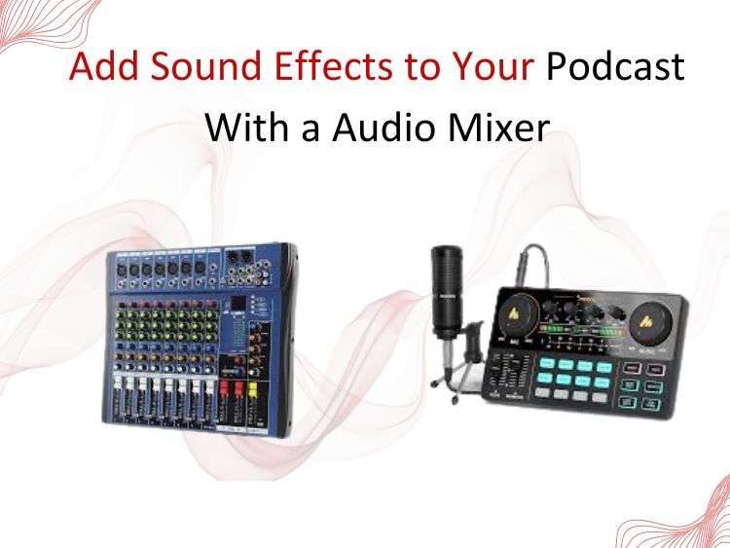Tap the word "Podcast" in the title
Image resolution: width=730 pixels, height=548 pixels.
(x=614, y=69)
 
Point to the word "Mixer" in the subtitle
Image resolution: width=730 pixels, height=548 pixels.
(x=499, y=127)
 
